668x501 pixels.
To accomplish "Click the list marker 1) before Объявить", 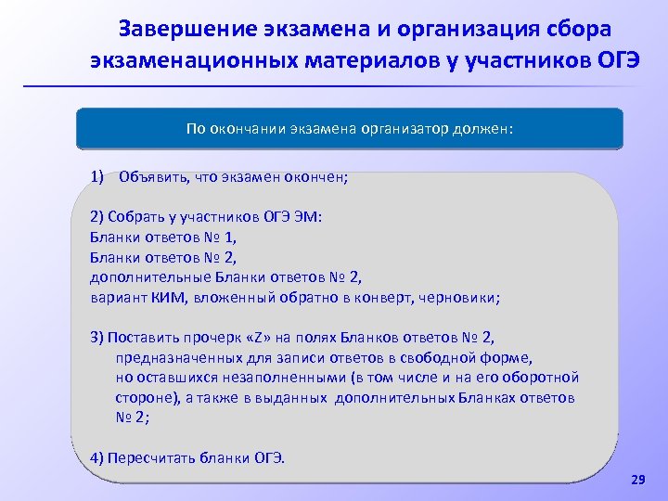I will [97, 176].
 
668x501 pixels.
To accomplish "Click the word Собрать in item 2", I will [135, 216].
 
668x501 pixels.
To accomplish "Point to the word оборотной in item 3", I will [545, 378].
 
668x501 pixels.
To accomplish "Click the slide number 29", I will [636, 480].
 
